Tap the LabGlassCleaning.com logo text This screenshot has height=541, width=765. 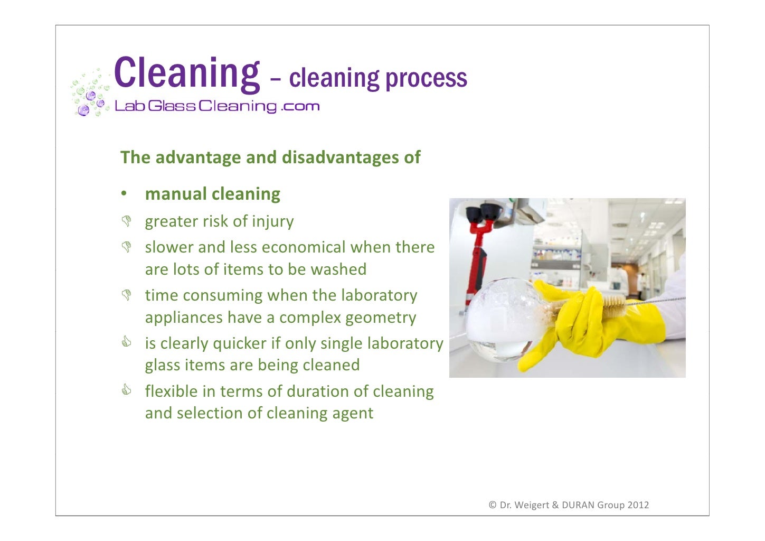(217, 106)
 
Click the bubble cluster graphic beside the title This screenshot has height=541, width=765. (89, 93)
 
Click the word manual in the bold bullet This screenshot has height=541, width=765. (176, 194)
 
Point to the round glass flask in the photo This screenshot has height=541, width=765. (499, 320)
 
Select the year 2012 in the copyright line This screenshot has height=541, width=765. (638, 505)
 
